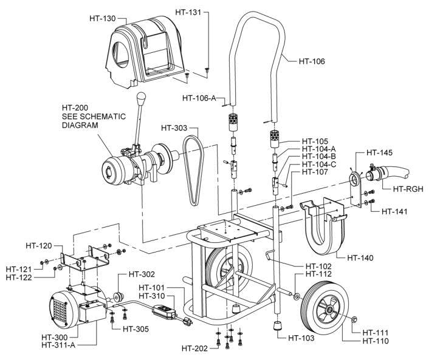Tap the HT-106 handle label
(312, 61)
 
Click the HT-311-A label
(61, 345)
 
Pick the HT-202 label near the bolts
(196, 348)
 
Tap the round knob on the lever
(142, 98)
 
